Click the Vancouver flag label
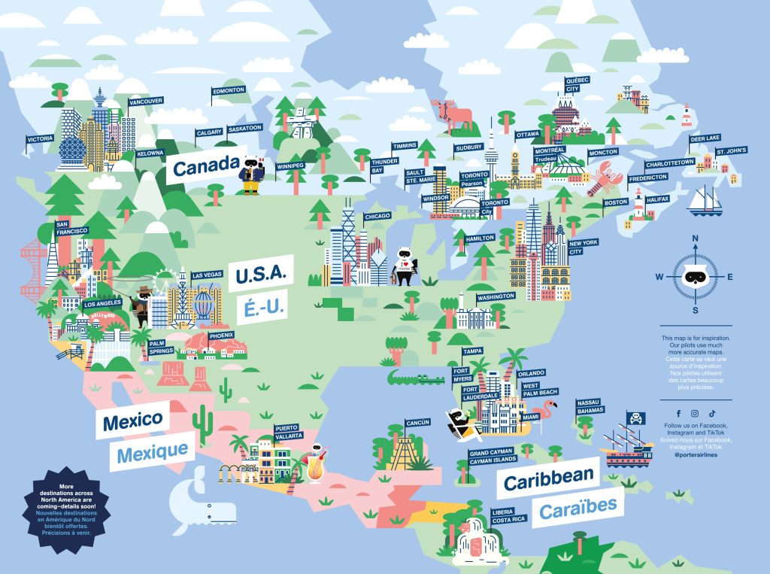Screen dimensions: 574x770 (x=146, y=101)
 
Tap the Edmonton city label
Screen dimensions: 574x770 (x=229, y=90)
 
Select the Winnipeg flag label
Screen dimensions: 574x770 (x=290, y=165)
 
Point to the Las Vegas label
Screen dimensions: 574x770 (x=207, y=275)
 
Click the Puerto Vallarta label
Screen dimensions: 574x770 (x=289, y=431)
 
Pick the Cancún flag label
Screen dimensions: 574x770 (x=417, y=423)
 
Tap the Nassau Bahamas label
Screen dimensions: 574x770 (x=590, y=406)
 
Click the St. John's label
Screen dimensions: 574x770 (x=730, y=151)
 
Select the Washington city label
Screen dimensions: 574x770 (x=496, y=296)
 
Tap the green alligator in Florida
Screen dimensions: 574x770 (x=416, y=375)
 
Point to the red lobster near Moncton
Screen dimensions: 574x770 (x=604, y=181)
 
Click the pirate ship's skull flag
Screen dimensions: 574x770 (x=635, y=418)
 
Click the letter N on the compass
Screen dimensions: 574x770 (x=696, y=240)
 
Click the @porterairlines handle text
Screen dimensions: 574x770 (x=695, y=455)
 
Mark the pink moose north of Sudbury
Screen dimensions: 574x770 (x=453, y=114)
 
